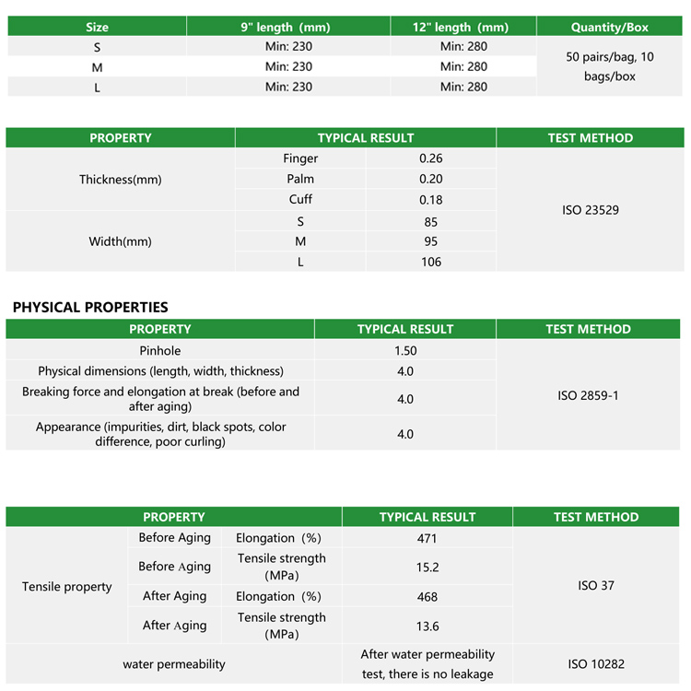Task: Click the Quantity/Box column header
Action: (x=609, y=27)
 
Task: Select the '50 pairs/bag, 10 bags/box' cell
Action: (x=609, y=66)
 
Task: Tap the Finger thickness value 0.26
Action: (x=430, y=158)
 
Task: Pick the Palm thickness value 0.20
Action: (x=430, y=179)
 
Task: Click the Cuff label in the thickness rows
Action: (x=300, y=199)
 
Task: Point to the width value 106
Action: (x=430, y=262)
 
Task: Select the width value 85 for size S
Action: (x=430, y=221)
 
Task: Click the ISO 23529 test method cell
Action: (x=590, y=210)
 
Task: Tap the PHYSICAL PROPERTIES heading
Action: (x=90, y=307)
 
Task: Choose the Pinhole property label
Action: (x=160, y=350)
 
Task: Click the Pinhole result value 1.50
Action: (x=405, y=350)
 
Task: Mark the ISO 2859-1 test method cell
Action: (x=588, y=395)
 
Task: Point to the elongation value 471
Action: (x=427, y=538)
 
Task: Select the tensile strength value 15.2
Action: (x=427, y=568)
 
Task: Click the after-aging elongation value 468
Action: (x=427, y=597)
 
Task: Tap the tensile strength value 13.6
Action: (x=427, y=627)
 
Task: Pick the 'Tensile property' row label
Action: (x=67, y=586)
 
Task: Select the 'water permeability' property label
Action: (x=174, y=663)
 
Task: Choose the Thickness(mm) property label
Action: (x=121, y=180)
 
